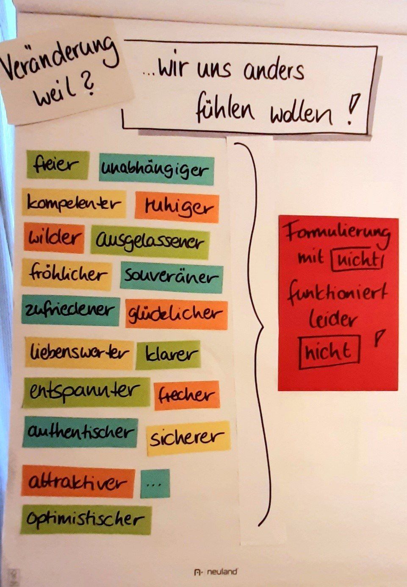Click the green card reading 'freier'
58,165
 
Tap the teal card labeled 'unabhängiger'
156,170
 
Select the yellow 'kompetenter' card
74,204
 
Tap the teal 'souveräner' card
171,277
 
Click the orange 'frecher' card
186,395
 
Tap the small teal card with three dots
155,483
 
